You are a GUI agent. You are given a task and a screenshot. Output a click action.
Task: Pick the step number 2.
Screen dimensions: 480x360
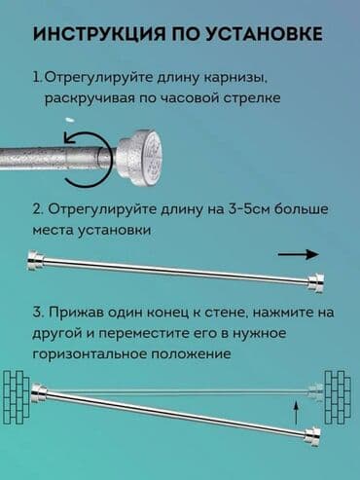coord(36,211)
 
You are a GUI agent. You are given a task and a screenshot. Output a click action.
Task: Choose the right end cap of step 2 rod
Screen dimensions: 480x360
coord(316,282)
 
